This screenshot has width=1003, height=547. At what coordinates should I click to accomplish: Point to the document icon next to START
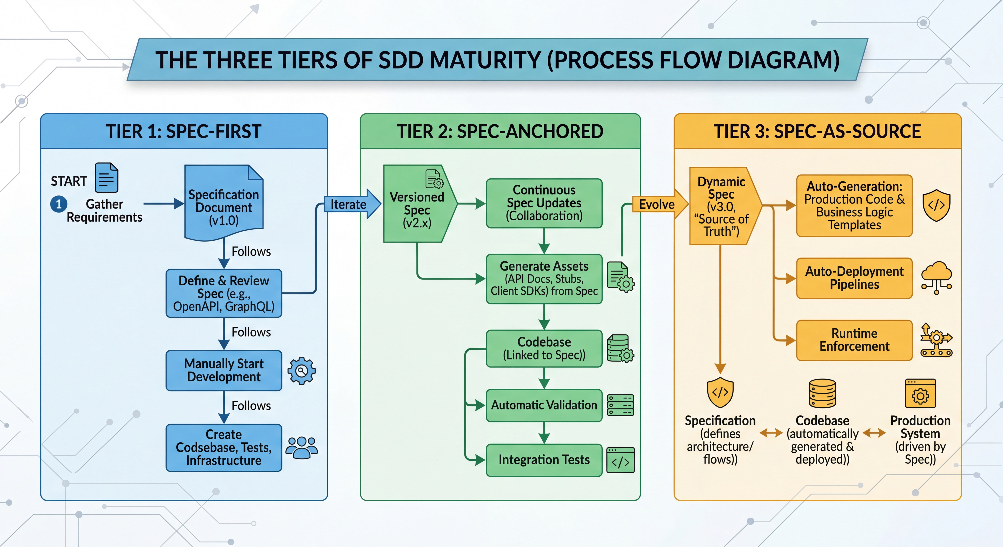click(x=106, y=178)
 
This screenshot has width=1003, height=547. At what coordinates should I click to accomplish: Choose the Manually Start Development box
click(x=224, y=370)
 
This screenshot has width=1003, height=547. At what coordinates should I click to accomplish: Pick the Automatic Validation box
click(x=544, y=405)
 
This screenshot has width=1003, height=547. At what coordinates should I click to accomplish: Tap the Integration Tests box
click(x=544, y=460)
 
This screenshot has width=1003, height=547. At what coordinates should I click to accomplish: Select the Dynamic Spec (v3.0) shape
click(x=722, y=206)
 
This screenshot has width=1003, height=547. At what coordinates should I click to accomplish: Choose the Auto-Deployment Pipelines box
click(x=854, y=278)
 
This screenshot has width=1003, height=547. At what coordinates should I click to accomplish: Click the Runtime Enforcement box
click(x=854, y=340)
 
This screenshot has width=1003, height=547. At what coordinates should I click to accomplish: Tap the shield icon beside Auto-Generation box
click(x=936, y=205)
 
